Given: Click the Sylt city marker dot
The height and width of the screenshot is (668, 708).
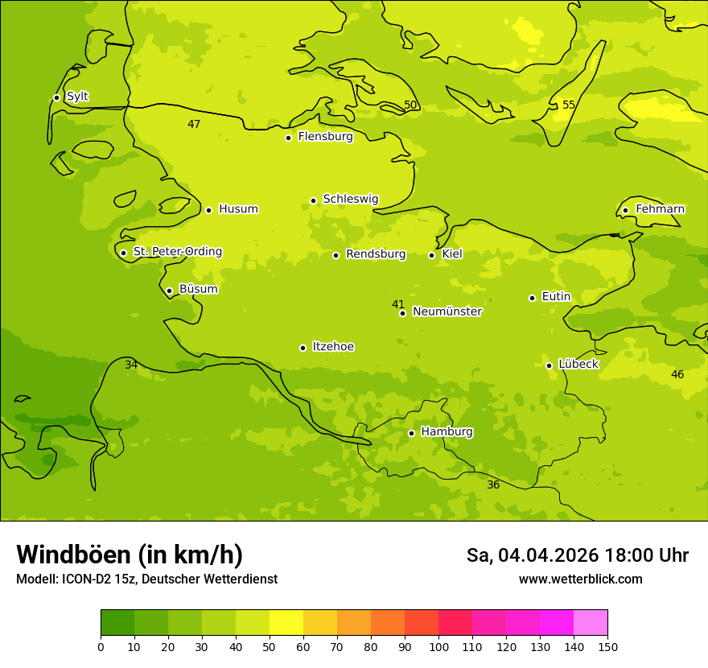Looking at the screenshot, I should coord(56,97).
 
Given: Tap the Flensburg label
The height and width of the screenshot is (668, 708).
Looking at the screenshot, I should coord(325,137).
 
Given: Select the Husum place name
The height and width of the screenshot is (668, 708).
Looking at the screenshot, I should coord(238,209).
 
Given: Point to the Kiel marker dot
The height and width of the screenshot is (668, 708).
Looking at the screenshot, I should coord(431,255).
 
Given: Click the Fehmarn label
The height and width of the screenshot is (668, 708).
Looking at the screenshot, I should coord(660,209).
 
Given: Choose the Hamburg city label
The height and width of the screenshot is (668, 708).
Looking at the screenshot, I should coord(447,431).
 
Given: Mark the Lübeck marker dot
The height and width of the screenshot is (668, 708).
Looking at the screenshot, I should coord(549,365).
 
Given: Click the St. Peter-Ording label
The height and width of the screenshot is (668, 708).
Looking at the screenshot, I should coord(177,252).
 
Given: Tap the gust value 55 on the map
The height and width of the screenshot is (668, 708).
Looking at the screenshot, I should coord(569,105).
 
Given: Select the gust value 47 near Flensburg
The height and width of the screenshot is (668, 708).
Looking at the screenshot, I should coord(194,124).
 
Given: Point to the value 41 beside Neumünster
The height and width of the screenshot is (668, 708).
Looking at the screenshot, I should coord(398,304).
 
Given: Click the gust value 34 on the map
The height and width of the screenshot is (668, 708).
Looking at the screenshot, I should coord(131,365).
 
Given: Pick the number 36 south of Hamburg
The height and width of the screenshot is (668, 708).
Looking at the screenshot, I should coord(493,485).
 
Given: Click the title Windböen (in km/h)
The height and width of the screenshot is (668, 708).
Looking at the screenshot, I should coord(130,555).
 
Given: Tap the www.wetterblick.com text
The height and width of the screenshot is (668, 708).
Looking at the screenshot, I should coord(580,579).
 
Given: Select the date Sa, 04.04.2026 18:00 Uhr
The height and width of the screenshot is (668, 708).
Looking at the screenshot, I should coord(577,555).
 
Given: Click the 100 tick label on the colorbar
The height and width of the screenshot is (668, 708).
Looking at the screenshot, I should coord(438,646).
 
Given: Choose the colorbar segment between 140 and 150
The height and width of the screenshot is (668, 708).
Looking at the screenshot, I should coord(591,622).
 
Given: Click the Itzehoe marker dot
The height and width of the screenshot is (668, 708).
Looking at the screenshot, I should coord(303,348).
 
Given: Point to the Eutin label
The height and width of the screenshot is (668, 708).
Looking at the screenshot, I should coord(556,297).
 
